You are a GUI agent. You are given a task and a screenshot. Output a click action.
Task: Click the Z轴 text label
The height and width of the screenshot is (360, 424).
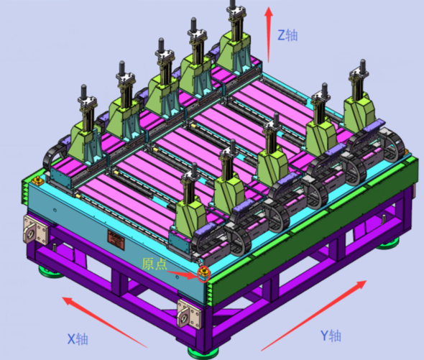click(x=287, y=35)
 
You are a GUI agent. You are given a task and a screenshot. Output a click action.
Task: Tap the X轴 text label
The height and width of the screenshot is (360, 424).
click(x=78, y=338)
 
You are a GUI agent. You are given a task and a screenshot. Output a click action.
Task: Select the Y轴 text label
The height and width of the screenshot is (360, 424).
click(x=331, y=336)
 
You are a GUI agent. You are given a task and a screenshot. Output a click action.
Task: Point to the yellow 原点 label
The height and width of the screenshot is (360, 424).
click(x=155, y=264)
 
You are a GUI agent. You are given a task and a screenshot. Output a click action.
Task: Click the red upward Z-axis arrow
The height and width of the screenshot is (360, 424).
click(x=268, y=34)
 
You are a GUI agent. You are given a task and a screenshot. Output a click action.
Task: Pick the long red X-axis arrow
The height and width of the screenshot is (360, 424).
click(x=105, y=322)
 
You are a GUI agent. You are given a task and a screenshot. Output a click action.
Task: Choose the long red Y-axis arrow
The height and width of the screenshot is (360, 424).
click(x=313, y=315)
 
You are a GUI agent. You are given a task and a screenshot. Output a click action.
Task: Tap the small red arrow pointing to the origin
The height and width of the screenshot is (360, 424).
click(x=182, y=274)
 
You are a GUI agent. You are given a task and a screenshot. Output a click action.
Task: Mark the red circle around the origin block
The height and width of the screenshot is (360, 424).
click(x=203, y=274)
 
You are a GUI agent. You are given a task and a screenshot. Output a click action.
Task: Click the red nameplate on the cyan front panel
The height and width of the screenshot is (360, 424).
click(x=116, y=239)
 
